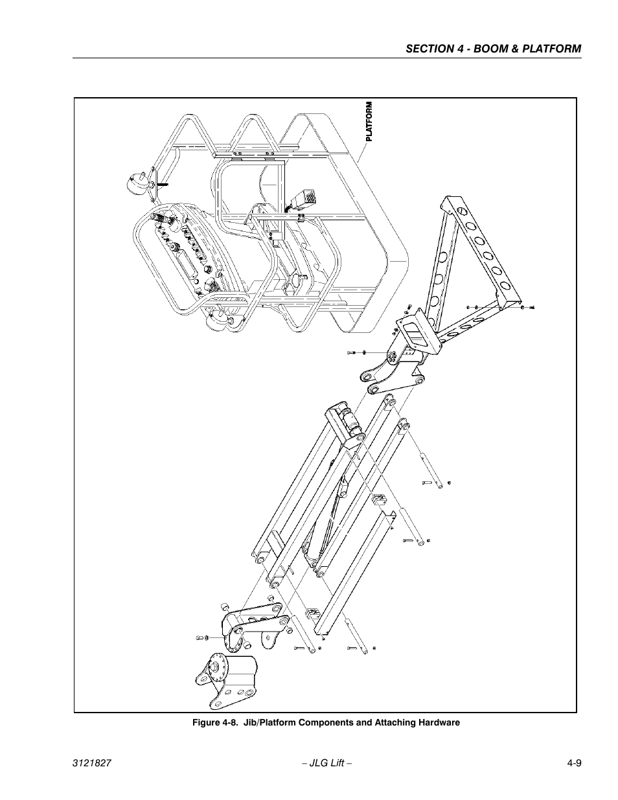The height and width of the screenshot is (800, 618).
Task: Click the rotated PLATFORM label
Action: point(369,121)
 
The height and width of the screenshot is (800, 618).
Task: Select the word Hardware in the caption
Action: point(437,722)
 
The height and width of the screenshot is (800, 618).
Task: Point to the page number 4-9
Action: point(570,764)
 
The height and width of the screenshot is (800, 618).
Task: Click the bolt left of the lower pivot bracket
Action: point(200,639)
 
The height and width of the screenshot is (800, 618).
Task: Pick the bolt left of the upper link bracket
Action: point(352,352)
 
